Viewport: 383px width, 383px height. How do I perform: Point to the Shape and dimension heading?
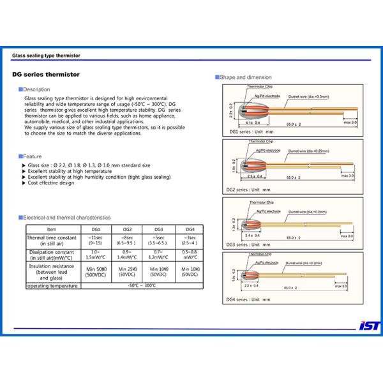(244, 77)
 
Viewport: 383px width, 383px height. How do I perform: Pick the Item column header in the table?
(52, 229)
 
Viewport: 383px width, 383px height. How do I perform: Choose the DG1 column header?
(96, 229)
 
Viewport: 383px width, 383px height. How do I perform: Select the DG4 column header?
(190, 229)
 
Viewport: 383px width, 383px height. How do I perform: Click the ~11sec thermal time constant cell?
(96, 240)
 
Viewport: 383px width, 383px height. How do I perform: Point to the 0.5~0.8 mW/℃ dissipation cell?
(190, 255)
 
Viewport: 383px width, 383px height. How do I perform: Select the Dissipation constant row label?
(52, 255)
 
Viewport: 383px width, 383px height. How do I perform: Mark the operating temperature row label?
(52, 286)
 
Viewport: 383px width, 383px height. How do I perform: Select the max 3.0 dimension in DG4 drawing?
(339, 287)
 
